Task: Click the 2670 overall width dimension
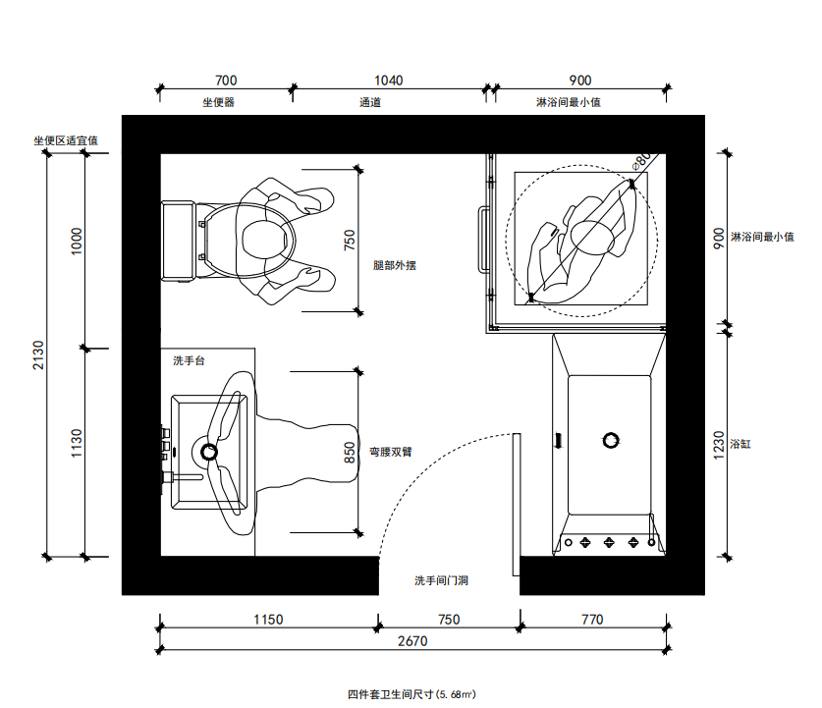coord(412,641)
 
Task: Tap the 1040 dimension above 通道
coord(389,81)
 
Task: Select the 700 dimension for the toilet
coord(226,81)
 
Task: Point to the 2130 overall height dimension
coord(39,354)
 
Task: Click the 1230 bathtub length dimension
coord(719,446)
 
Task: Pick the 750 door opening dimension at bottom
coord(449,620)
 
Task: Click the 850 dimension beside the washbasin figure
coord(350,453)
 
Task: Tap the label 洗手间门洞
coord(441,580)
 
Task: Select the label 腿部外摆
coord(395,265)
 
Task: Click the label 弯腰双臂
coord(391,452)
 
